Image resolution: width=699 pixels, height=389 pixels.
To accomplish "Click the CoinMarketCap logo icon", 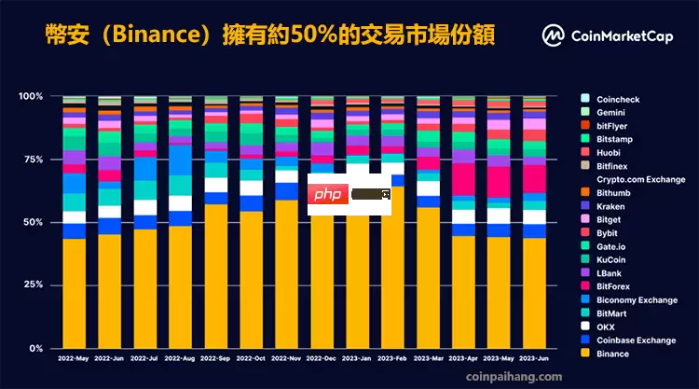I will click(555, 35).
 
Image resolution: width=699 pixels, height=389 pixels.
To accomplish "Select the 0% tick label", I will click(34, 348).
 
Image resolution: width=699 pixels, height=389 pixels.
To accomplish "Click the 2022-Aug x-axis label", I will click(180, 359).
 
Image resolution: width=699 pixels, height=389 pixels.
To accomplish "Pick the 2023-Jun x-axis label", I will click(534, 359).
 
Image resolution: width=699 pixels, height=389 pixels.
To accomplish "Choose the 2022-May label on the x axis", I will click(74, 359).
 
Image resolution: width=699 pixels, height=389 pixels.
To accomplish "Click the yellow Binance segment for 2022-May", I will click(74, 293).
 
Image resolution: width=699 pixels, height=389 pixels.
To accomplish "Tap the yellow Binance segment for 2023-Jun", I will click(534, 293).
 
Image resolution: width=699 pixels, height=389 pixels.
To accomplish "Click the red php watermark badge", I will click(326, 196).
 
